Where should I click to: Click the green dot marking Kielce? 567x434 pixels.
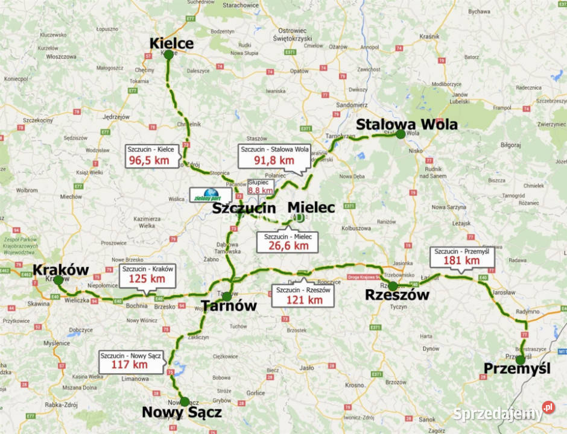point(168,55)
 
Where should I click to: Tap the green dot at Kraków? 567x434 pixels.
point(58,280)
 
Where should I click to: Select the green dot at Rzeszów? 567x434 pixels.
point(393,286)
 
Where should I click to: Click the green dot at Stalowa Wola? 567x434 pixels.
point(401,134)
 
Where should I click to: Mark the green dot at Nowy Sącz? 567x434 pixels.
point(185,401)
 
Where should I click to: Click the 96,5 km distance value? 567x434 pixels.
point(151,160)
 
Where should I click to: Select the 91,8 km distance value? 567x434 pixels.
point(274,160)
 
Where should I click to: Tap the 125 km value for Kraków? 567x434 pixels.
point(148,278)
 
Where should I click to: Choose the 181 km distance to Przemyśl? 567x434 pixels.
point(461,260)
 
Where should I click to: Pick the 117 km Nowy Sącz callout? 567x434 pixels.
point(130,364)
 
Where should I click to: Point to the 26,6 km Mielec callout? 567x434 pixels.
point(288,245)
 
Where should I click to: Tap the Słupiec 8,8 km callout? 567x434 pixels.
point(261,187)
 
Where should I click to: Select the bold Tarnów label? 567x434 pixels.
point(229,306)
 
